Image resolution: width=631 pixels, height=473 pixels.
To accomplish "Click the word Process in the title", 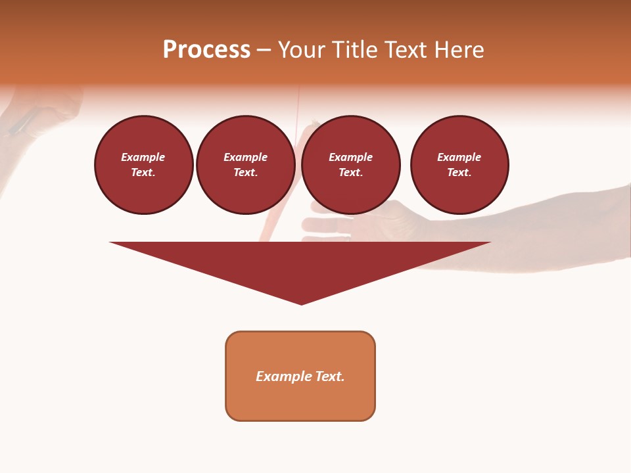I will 206,50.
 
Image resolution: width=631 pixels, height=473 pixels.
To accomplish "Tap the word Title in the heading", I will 353,50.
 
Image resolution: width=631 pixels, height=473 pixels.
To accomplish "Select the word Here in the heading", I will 459,50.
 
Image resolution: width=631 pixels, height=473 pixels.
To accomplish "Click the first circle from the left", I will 144,165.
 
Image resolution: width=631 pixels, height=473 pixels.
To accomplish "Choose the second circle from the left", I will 246,165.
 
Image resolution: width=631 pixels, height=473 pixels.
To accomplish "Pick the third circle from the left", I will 351,165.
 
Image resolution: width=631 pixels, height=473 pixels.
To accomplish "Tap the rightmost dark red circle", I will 459,165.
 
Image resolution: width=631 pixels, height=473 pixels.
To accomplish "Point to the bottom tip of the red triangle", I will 301,303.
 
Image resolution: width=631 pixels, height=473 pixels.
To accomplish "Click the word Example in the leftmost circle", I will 143,158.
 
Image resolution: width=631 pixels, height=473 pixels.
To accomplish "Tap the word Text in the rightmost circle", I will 459,173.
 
